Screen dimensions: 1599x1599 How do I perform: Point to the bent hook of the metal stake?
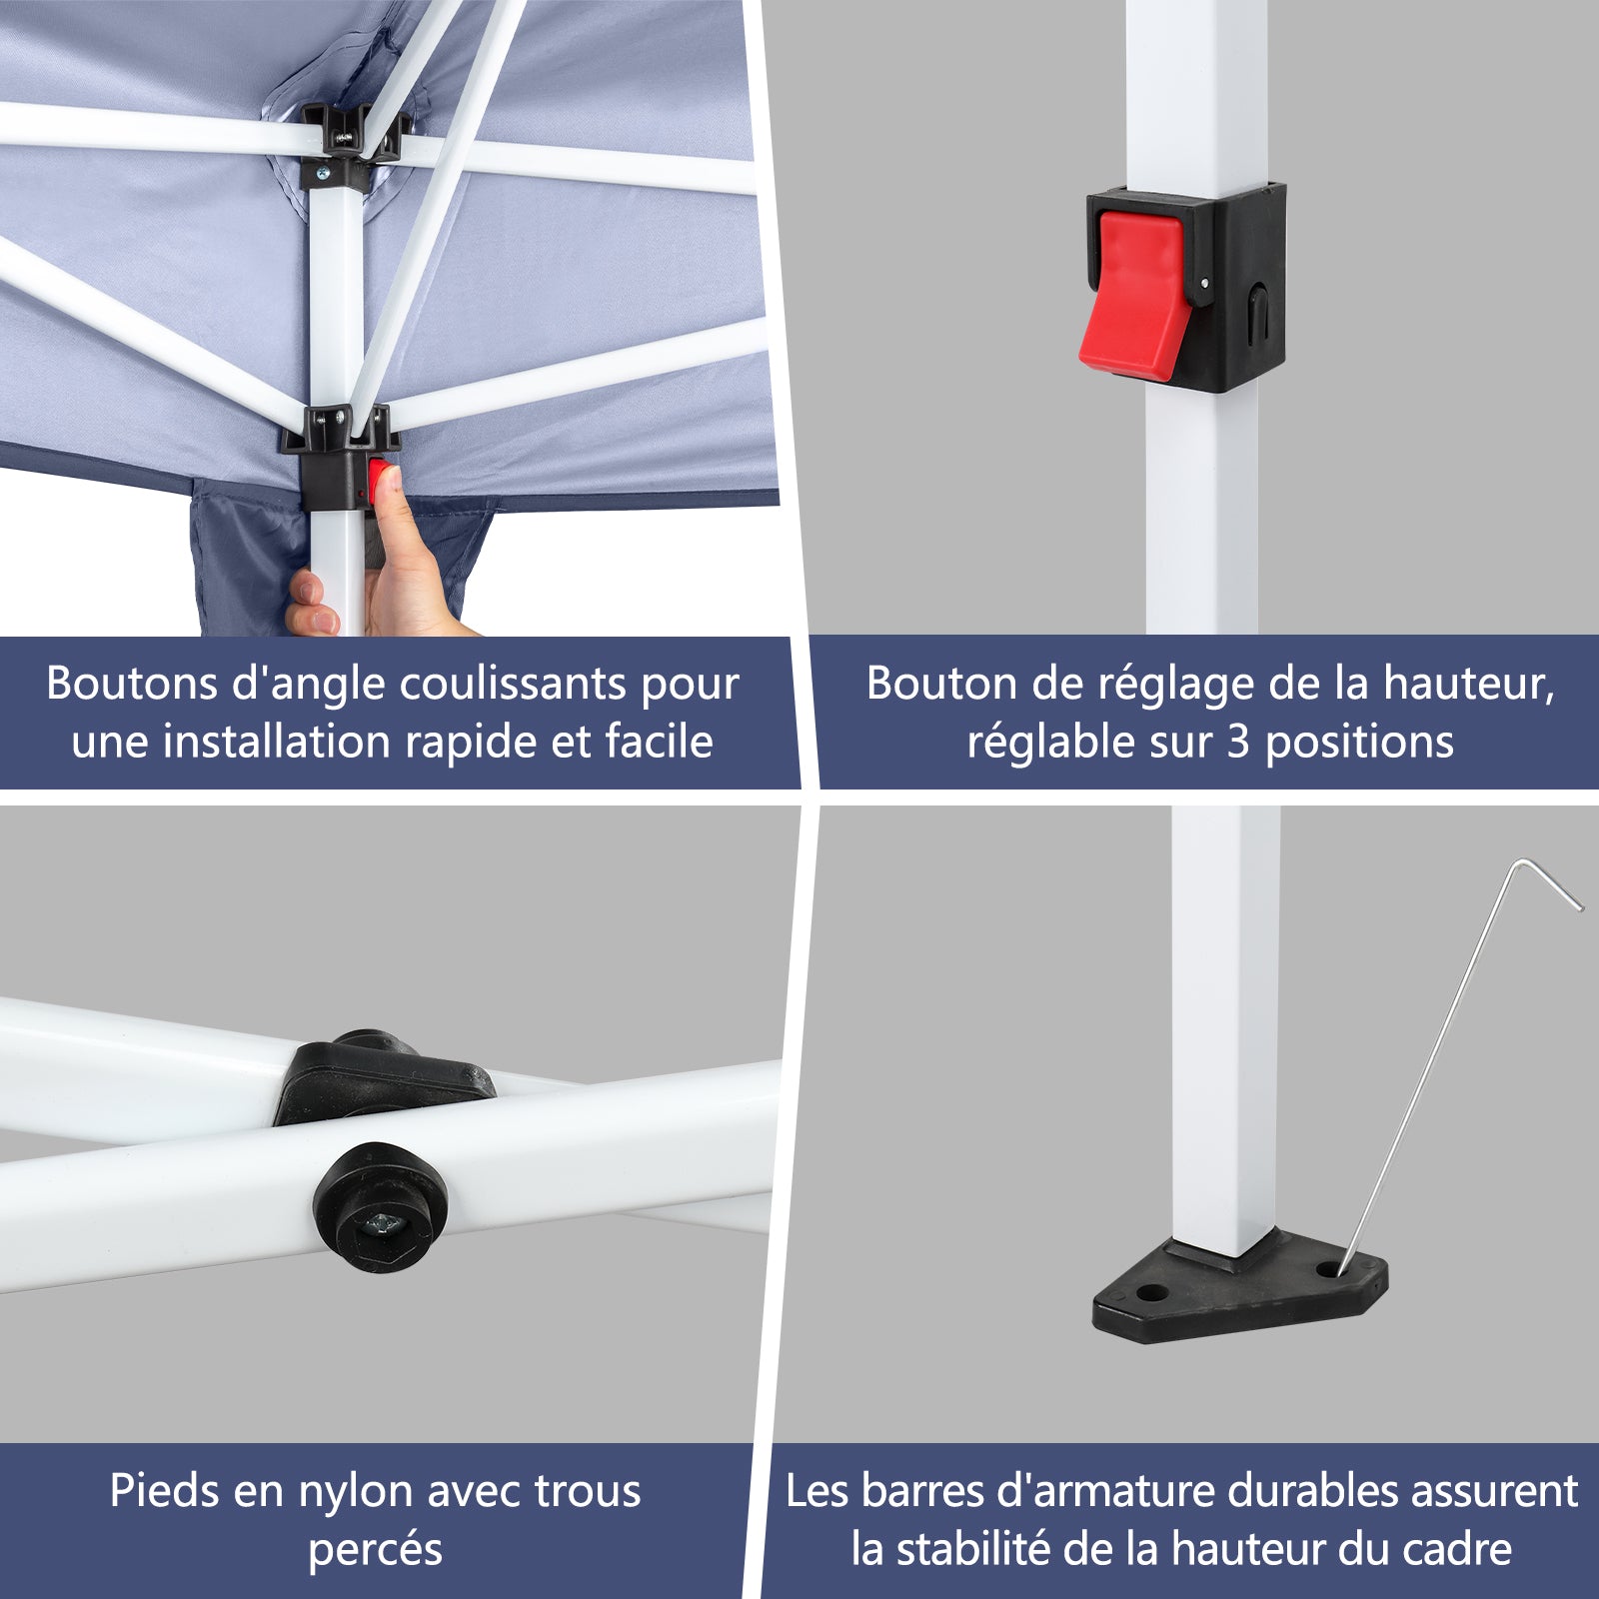(1549, 879)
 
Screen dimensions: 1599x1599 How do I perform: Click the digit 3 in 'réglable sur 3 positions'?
(1238, 742)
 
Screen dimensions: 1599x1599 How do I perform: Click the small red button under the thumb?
(379, 482)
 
